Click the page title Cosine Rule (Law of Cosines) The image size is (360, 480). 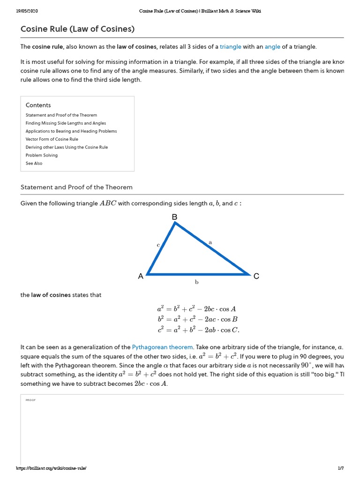[77, 29]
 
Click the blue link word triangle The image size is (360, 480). [231, 46]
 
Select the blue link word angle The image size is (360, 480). [272, 46]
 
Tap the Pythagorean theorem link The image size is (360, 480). [162, 347]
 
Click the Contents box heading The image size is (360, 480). [38, 105]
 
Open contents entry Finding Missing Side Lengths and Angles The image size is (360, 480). [66, 123]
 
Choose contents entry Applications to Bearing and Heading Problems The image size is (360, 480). [71, 131]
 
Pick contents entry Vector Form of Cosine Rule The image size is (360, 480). [52, 139]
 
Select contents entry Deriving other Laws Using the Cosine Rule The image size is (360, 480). [67, 147]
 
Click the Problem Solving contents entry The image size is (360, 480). [42, 155]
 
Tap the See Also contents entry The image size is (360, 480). [34, 163]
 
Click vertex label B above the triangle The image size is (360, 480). [174, 217]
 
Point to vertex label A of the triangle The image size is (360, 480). [141, 277]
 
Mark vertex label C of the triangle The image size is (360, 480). [256, 277]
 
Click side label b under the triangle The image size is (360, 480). [197, 282]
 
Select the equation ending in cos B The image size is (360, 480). [198, 319]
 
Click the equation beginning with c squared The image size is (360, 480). [198, 330]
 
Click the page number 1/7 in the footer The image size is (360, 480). [340, 468]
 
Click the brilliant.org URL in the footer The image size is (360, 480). [52, 468]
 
